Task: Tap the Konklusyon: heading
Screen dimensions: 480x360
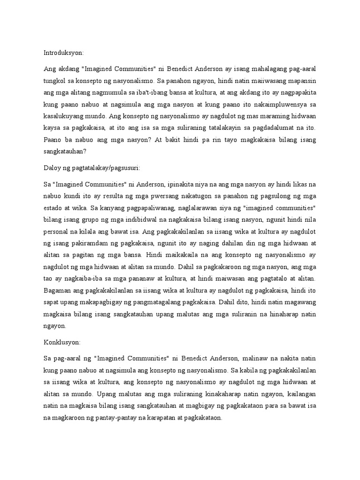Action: pyautogui.click(x=61, y=343)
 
